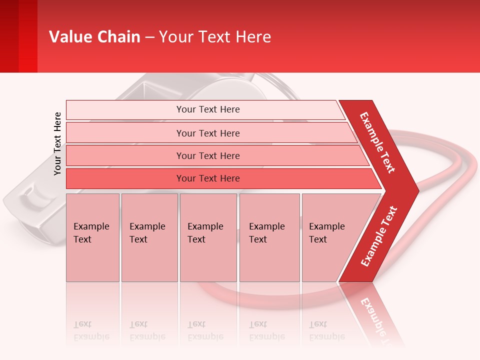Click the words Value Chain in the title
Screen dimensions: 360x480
[x=94, y=37]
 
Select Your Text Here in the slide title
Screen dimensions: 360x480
[x=215, y=37]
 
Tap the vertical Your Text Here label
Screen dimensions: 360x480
[x=57, y=143]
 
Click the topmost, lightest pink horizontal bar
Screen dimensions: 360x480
[x=207, y=109]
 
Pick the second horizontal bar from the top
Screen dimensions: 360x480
[x=207, y=133]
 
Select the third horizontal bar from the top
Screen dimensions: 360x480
[x=207, y=155]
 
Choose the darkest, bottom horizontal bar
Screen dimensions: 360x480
[x=207, y=178]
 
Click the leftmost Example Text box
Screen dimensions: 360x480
[x=92, y=237]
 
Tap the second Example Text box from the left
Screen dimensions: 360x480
[x=149, y=237]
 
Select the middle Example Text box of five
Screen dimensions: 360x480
[x=208, y=237]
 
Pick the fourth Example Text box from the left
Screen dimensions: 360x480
[x=269, y=237]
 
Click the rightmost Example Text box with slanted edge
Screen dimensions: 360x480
[x=330, y=237]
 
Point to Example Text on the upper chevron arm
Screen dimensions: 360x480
[x=377, y=142]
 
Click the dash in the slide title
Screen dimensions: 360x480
[x=149, y=37]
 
